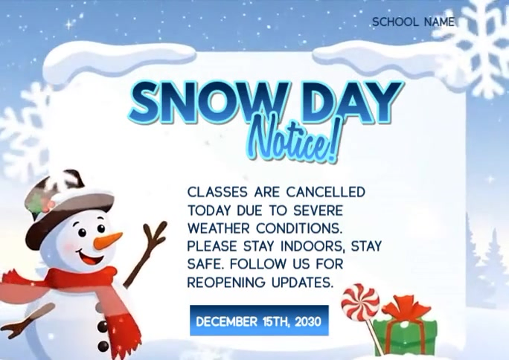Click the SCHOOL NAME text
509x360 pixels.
413,22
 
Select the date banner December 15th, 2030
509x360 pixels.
258,321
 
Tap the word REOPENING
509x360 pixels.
223,283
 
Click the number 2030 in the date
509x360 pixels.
307,322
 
